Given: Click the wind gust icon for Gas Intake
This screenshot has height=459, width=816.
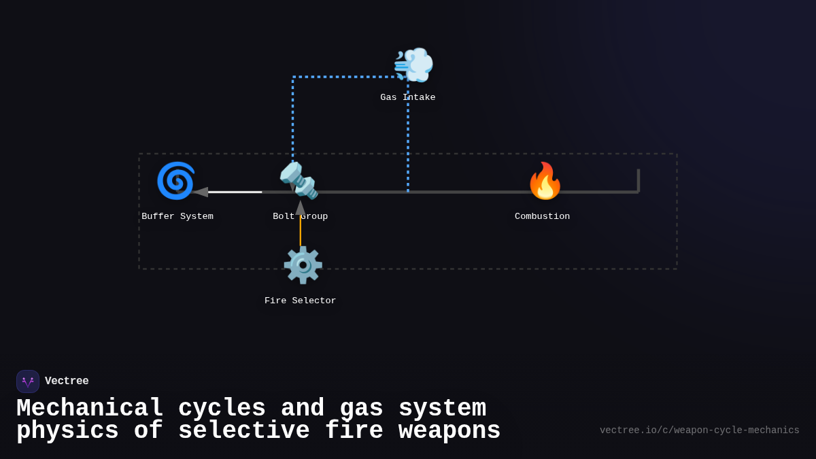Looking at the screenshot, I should coord(413,65).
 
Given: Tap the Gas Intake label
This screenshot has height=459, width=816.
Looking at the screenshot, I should coord(408,98).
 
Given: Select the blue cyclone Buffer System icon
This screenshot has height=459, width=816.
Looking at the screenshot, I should coord(176,181).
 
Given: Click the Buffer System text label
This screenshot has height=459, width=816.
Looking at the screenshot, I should coord(177,217).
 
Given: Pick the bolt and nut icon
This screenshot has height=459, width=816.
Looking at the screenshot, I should coord(299,181).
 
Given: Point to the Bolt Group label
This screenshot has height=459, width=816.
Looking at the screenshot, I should coord(301,217).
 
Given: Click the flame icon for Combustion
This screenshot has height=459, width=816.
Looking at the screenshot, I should coord(545,181).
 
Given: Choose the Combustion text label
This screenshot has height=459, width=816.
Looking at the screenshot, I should coord(543,217).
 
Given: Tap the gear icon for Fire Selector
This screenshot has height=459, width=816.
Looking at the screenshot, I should coord(303,265).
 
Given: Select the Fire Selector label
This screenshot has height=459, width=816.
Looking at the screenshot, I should coord(301,301).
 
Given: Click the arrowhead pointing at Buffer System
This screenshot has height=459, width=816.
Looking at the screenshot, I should coord(201,192).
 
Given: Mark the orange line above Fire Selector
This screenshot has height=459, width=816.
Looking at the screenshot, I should coord(301,231).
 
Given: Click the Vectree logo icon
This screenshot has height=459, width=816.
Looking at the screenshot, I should coord(28,381).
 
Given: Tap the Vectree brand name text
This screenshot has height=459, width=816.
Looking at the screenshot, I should coord(67,381).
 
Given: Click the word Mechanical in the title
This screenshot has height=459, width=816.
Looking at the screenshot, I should coord(90,409).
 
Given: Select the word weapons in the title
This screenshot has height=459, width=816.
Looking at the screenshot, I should coord(449,431).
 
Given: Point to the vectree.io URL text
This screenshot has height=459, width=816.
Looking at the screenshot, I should coord(699,430).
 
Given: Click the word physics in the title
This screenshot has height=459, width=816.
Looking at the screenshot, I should coord(67,431).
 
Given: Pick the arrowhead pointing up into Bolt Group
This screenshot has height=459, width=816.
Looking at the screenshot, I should coord(301,207).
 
